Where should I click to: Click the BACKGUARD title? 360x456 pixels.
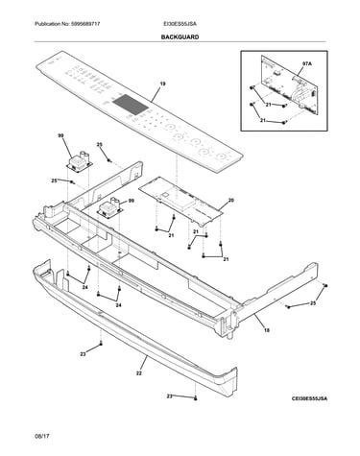pos(180,37)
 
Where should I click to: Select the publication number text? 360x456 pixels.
pos(67,24)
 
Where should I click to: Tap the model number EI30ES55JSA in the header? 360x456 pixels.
pos(180,24)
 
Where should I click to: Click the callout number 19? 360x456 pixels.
pos(163,84)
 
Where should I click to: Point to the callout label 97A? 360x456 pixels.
pos(306,64)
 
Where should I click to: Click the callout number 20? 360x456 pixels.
pos(231,201)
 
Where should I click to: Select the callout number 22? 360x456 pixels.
pos(139,373)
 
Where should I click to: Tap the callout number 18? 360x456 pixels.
pos(267,330)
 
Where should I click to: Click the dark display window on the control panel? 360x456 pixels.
pos(131,105)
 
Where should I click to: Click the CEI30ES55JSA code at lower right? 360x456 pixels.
pos(309,398)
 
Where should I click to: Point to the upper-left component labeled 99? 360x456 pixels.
pos(79,161)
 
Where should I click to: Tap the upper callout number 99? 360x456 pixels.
pos(60,135)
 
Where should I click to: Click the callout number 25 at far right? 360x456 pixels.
pos(313,303)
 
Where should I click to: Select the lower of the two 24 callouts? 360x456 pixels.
pos(119,305)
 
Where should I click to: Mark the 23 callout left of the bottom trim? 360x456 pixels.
pos(83,354)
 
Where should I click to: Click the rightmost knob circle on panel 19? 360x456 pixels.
pos(221,156)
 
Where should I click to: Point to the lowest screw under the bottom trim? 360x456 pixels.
pos(196,398)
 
